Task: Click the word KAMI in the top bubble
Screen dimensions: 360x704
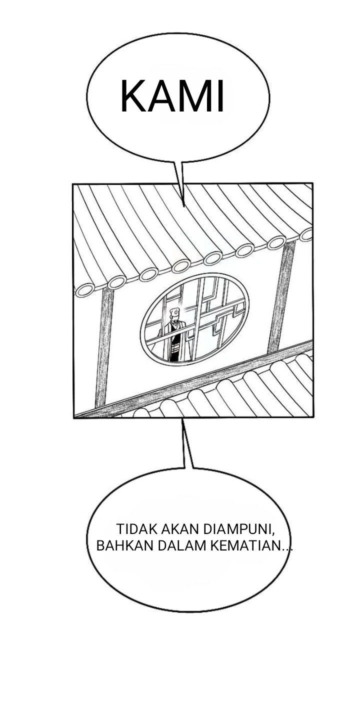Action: tap(172, 96)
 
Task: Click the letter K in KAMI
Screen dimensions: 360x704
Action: tap(133, 96)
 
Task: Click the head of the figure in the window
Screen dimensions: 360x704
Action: tap(174, 313)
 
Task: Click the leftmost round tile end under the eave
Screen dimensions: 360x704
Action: tap(85, 290)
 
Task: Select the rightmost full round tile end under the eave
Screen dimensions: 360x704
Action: tap(277, 242)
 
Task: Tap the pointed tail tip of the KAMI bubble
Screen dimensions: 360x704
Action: tap(183, 206)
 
